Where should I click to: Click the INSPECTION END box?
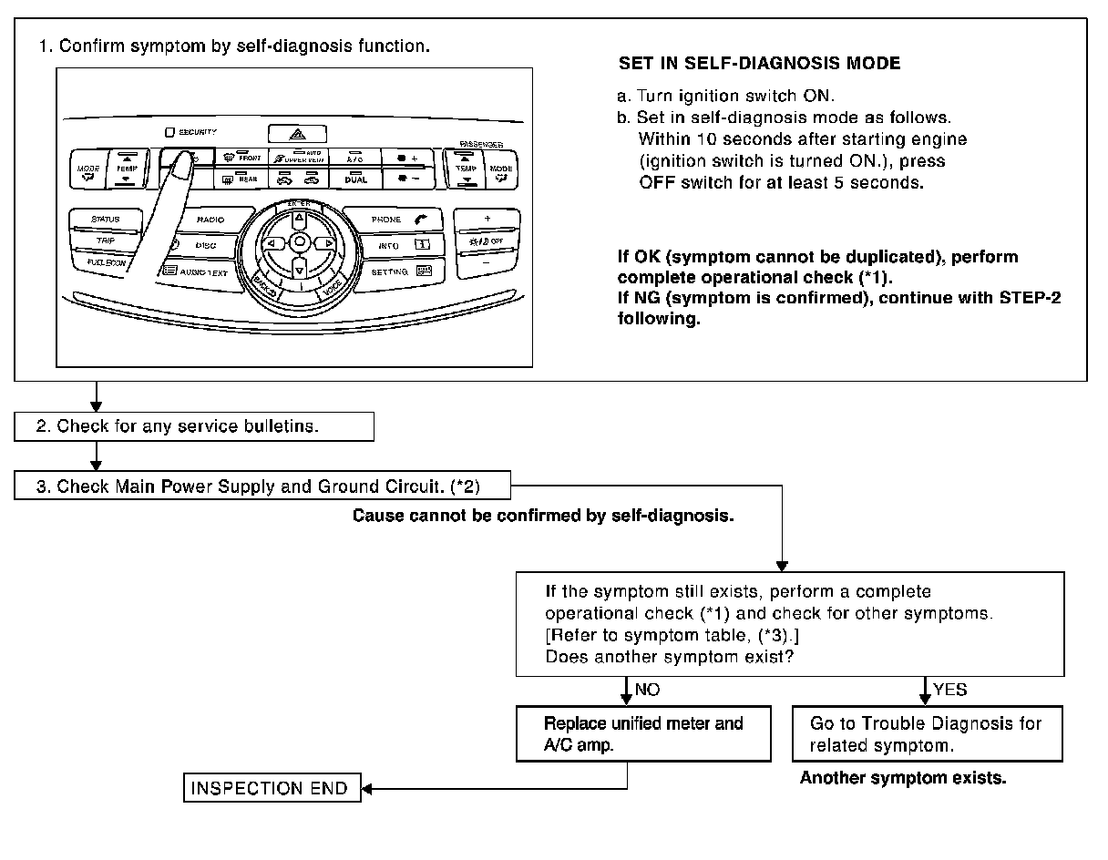[x=272, y=788]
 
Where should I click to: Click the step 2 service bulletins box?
[x=194, y=426]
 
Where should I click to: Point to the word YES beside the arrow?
[x=949, y=691]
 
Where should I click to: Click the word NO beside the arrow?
[x=648, y=691]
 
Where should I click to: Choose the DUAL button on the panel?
[x=355, y=179]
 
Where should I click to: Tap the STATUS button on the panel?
[x=105, y=220]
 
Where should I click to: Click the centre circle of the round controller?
[x=299, y=242]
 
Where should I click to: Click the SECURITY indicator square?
[x=170, y=132]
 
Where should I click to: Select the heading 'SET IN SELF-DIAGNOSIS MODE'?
[x=759, y=64]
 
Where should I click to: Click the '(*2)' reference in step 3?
[x=467, y=486]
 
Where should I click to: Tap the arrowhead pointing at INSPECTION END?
[x=367, y=788]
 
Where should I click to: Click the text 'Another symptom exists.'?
[x=902, y=778]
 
